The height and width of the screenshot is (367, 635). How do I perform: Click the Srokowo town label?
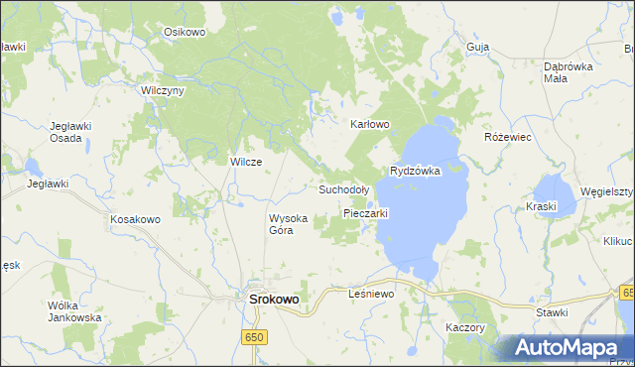tap(273, 299)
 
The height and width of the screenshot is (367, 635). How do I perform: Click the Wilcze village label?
tap(245, 162)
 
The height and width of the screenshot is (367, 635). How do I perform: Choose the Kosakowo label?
tap(135, 218)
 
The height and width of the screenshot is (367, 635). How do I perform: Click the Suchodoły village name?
tap(343, 188)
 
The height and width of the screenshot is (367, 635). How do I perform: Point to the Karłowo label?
tap(370, 125)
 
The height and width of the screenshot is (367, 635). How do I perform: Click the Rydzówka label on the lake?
tap(415, 172)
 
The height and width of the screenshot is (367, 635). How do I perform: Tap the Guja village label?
tap(477, 47)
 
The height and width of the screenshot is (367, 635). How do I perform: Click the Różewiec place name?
tap(508, 137)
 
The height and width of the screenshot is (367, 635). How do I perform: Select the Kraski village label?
tap(543, 206)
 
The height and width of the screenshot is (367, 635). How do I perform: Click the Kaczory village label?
tap(464, 327)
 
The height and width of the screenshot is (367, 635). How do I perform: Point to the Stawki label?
tap(551, 312)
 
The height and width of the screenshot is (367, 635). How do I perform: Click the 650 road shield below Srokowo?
tap(255, 338)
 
